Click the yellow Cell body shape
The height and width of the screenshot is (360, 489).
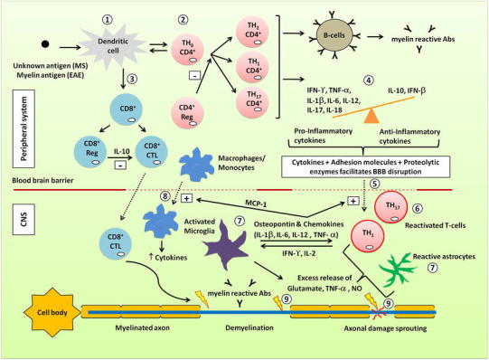point(32,302)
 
